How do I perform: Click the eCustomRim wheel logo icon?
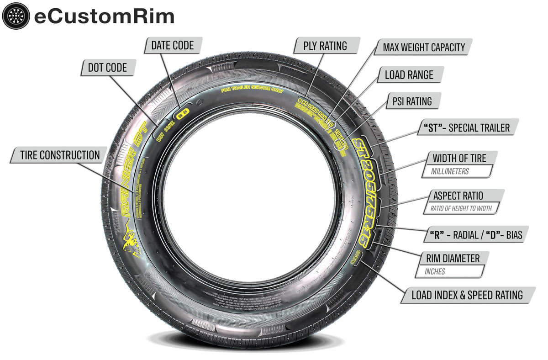[16, 16]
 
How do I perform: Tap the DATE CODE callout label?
[172, 45]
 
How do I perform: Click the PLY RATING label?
[325, 46]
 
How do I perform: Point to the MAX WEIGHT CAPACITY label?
[423, 47]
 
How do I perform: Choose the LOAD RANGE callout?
[409, 74]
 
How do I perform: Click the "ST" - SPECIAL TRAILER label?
[467, 127]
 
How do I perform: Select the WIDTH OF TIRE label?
[459, 158]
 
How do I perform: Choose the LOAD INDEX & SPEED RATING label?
[467, 295]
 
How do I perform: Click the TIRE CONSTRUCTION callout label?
[60, 155]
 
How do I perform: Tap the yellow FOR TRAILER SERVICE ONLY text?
[252, 90]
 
